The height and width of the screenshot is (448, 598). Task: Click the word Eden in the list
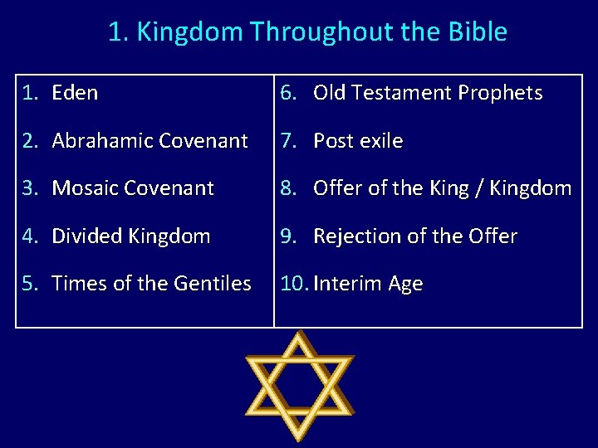tap(75, 93)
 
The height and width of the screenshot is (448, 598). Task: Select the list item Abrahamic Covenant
tap(149, 141)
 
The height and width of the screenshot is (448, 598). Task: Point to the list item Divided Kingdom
tap(130, 236)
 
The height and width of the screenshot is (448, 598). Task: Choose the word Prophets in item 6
tap(501, 93)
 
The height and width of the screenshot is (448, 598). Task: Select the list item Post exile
tap(357, 141)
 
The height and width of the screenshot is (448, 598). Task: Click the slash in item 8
tap(478, 188)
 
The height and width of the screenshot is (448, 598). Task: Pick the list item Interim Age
tap(368, 284)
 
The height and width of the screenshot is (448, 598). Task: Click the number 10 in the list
tap(293, 284)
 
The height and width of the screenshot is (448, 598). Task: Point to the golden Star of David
tap(299, 386)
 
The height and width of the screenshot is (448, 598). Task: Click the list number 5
tap(30, 284)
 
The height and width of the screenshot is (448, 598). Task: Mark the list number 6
tap(287, 93)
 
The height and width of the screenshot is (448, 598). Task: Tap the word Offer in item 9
tap(493, 236)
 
